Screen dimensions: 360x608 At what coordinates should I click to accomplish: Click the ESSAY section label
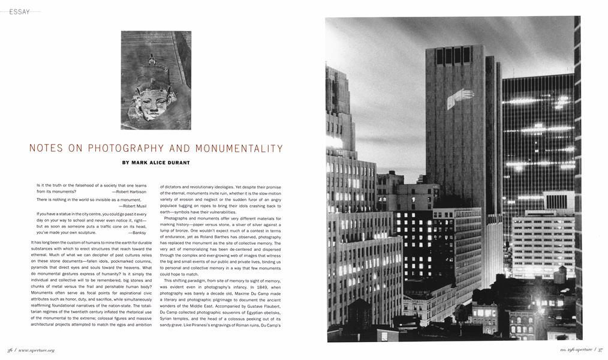click(19, 11)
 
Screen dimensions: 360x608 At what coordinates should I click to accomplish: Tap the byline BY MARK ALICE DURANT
click(156, 162)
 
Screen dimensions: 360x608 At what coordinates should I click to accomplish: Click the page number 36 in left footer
click(10, 350)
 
